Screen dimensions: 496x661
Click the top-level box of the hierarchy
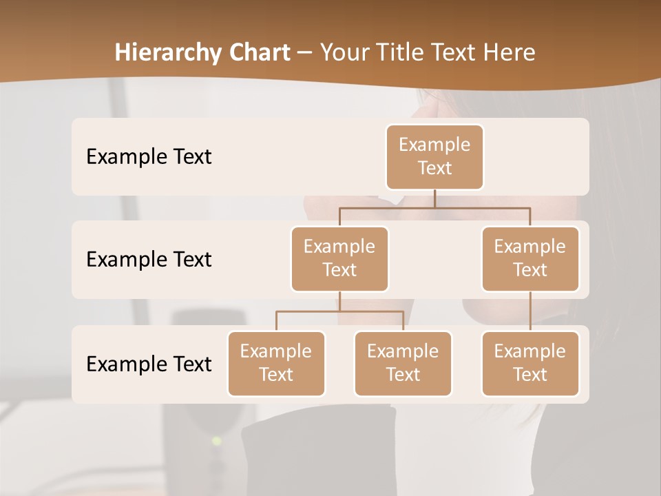click(434, 156)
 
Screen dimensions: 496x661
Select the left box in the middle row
click(339, 258)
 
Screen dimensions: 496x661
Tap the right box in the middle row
click(530, 258)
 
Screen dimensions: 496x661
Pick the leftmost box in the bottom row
click(276, 363)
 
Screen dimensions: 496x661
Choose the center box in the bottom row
click(403, 363)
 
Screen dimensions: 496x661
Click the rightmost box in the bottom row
click(530, 363)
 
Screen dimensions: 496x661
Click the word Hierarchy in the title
click(167, 53)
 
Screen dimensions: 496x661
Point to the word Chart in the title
click(258, 52)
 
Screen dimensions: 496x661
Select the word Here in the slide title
click(510, 52)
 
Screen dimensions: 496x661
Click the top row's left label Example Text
click(149, 157)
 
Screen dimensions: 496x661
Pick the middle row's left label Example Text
click(149, 260)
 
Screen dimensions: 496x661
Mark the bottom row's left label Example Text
click(149, 364)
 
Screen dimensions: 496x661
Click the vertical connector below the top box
click(434, 198)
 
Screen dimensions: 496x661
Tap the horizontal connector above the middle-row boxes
click(434, 207)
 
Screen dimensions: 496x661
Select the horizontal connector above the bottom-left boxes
click(339, 311)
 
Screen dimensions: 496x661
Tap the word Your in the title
click(344, 52)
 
